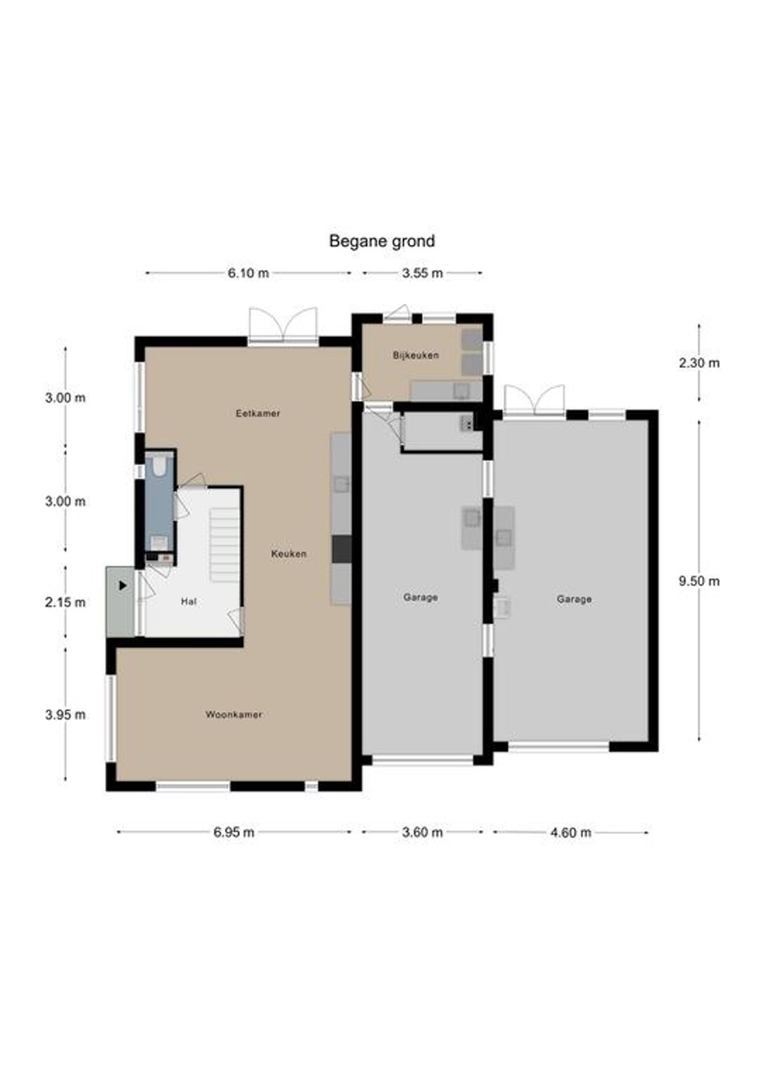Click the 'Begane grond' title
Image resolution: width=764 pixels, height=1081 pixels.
[381, 241]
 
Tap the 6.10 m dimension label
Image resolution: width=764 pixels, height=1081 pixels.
[248, 273]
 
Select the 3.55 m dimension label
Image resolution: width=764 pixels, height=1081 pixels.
[422, 273]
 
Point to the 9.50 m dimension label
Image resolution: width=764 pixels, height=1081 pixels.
[699, 581]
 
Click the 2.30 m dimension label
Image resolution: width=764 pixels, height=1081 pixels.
[699, 363]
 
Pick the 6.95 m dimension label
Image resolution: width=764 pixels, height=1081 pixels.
[234, 832]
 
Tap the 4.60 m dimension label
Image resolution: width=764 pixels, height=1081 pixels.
[570, 832]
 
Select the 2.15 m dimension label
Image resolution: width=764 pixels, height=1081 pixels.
[65, 602]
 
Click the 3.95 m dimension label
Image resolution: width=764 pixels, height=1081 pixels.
[65, 715]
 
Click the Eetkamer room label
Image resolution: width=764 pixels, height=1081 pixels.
[258, 413]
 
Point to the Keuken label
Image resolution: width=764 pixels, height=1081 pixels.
[288, 554]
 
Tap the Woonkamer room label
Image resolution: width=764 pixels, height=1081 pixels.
[234, 714]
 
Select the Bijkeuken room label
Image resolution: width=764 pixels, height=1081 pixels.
[416, 355]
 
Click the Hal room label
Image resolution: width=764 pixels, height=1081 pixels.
[188, 601]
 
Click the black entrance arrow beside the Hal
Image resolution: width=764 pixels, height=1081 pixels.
[123, 586]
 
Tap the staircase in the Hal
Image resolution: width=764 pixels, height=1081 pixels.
[225, 545]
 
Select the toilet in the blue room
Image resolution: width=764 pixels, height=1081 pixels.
[158, 465]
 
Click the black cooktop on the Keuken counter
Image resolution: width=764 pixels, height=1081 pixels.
[341, 549]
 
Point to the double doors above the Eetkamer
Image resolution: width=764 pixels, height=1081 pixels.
[283, 327]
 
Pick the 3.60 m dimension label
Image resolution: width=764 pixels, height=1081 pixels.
[422, 832]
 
